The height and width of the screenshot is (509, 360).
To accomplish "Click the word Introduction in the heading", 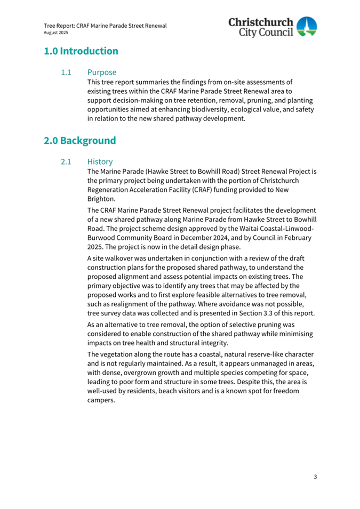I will tap(89, 52).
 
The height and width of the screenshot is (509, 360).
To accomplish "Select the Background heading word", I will tap(88, 141).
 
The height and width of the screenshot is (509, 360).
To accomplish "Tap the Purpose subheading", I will tap(102, 72).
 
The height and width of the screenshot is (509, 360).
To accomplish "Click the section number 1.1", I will tap(66, 72).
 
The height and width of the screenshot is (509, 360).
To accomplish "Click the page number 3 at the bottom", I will tap(315, 476).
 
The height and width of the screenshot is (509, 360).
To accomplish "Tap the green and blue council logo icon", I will tap(306, 27).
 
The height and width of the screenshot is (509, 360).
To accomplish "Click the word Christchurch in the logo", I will tap(261, 22).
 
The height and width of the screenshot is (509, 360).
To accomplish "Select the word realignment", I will tap(121, 304).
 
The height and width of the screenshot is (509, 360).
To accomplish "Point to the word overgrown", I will tap(144, 373).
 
